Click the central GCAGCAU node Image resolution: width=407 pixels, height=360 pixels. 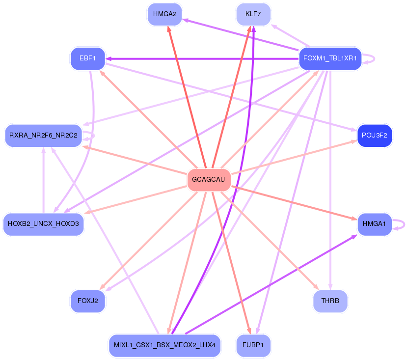(209, 180)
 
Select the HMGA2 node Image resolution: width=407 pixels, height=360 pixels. (164, 14)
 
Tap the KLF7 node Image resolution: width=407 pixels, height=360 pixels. (253, 14)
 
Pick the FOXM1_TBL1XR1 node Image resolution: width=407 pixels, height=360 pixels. (330, 59)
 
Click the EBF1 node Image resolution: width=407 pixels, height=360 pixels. (88, 59)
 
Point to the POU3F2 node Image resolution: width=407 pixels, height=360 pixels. (375, 136)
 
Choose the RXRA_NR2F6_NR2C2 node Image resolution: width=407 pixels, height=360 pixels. (43, 136)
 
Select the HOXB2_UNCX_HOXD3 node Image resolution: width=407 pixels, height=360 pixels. (43, 224)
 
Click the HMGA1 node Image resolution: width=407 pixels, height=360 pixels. (374, 224)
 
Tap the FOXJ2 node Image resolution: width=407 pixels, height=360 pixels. (88, 301)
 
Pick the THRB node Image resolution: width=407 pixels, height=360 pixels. (330, 301)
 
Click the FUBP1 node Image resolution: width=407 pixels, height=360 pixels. (253, 345)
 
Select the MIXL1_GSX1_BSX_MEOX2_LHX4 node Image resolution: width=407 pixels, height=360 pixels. (164, 345)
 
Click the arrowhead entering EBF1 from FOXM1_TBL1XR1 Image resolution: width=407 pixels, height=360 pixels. (109, 59)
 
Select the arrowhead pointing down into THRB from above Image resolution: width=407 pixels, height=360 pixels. (330, 287)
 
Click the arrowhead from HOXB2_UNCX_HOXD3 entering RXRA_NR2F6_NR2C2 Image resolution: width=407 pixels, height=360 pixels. (43, 150)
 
